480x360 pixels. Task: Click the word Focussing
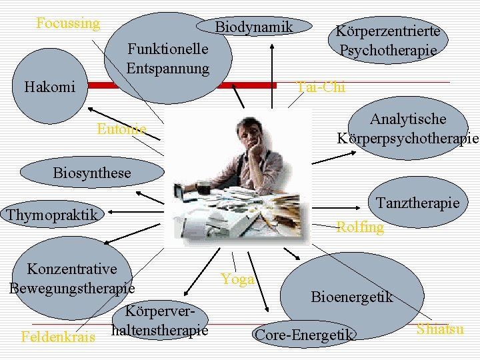click(x=68, y=24)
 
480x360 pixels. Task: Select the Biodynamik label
click(x=254, y=27)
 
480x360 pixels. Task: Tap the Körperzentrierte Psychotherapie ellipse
click(x=387, y=41)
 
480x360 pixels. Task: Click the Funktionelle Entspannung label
click(x=168, y=59)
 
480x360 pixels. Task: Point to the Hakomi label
click(x=49, y=87)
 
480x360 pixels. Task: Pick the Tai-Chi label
click(x=321, y=87)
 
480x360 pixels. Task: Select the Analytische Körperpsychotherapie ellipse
click(x=407, y=129)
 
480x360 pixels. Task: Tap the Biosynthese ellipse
click(x=92, y=173)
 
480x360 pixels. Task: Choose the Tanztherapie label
click(x=417, y=203)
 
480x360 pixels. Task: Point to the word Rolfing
click(x=360, y=227)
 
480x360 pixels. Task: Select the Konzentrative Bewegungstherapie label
click(x=72, y=279)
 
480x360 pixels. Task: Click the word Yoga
click(x=237, y=279)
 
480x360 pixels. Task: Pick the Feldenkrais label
click(x=57, y=336)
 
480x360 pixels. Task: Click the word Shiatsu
click(x=440, y=329)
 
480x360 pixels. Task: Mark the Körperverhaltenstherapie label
click(x=161, y=321)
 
